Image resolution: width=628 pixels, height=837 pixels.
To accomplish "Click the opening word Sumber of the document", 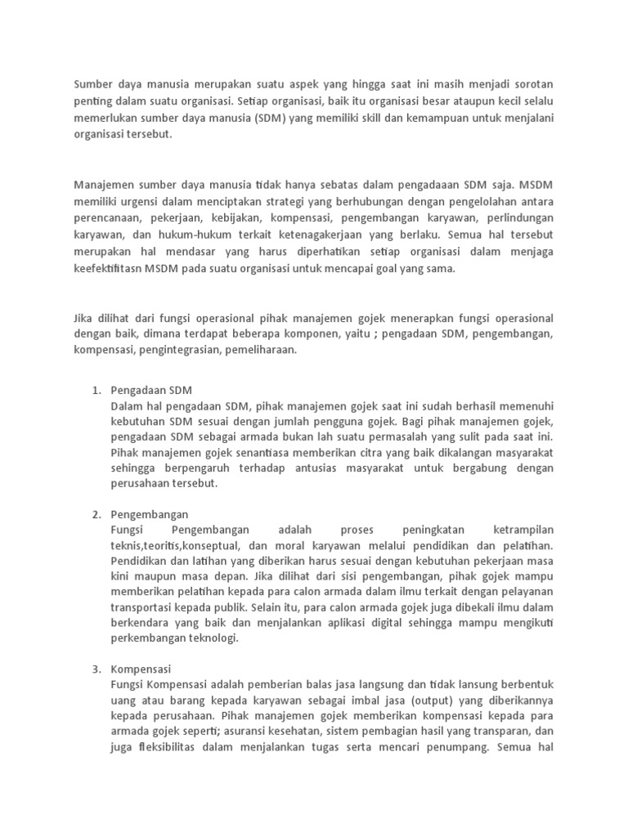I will [94, 83].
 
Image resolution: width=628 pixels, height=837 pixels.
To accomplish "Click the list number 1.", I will [96, 390].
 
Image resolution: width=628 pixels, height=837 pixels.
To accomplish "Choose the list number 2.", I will [96, 514].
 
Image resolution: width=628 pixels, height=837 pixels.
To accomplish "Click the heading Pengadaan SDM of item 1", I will [151, 390].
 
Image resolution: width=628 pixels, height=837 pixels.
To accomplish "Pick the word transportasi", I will [141, 607].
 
